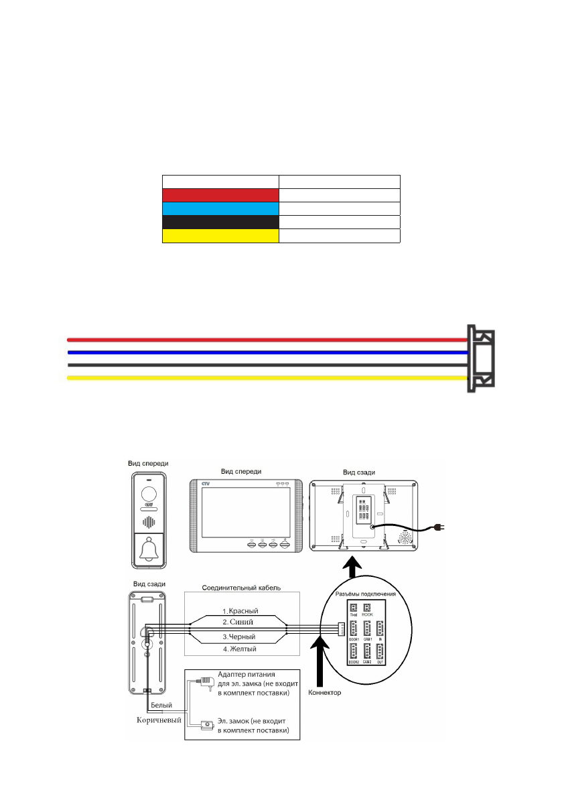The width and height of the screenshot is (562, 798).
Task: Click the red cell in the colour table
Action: pos(220,195)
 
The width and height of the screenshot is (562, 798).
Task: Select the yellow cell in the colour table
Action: pos(220,235)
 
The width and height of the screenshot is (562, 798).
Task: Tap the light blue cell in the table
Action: pos(220,208)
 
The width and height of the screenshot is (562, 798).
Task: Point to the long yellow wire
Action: pos(268,378)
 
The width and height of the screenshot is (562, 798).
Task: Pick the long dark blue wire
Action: pos(268,351)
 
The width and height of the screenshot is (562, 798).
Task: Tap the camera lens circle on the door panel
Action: pos(150,494)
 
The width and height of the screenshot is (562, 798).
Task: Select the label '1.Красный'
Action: pos(240,611)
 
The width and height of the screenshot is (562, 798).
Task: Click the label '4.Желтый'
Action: pos(240,649)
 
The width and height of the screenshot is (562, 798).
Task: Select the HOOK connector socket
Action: pos(367,607)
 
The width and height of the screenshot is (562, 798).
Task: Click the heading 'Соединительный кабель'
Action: pos(240,588)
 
